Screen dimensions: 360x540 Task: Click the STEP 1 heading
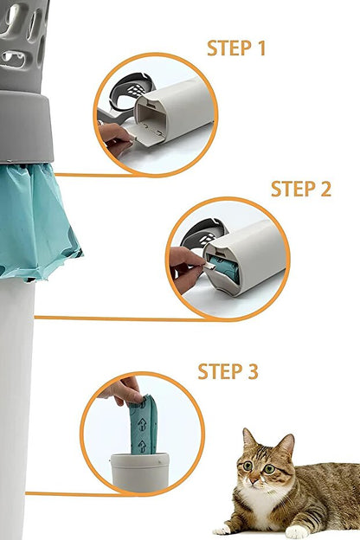(236, 48)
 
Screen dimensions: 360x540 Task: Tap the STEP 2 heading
(301, 189)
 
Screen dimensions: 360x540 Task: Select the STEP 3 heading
(228, 371)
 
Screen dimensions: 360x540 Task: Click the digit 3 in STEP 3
(253, 371)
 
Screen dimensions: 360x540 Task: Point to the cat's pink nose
(254, 479)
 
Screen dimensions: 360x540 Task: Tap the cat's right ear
(286, 445)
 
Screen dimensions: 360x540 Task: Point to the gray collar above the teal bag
(26, 126)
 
